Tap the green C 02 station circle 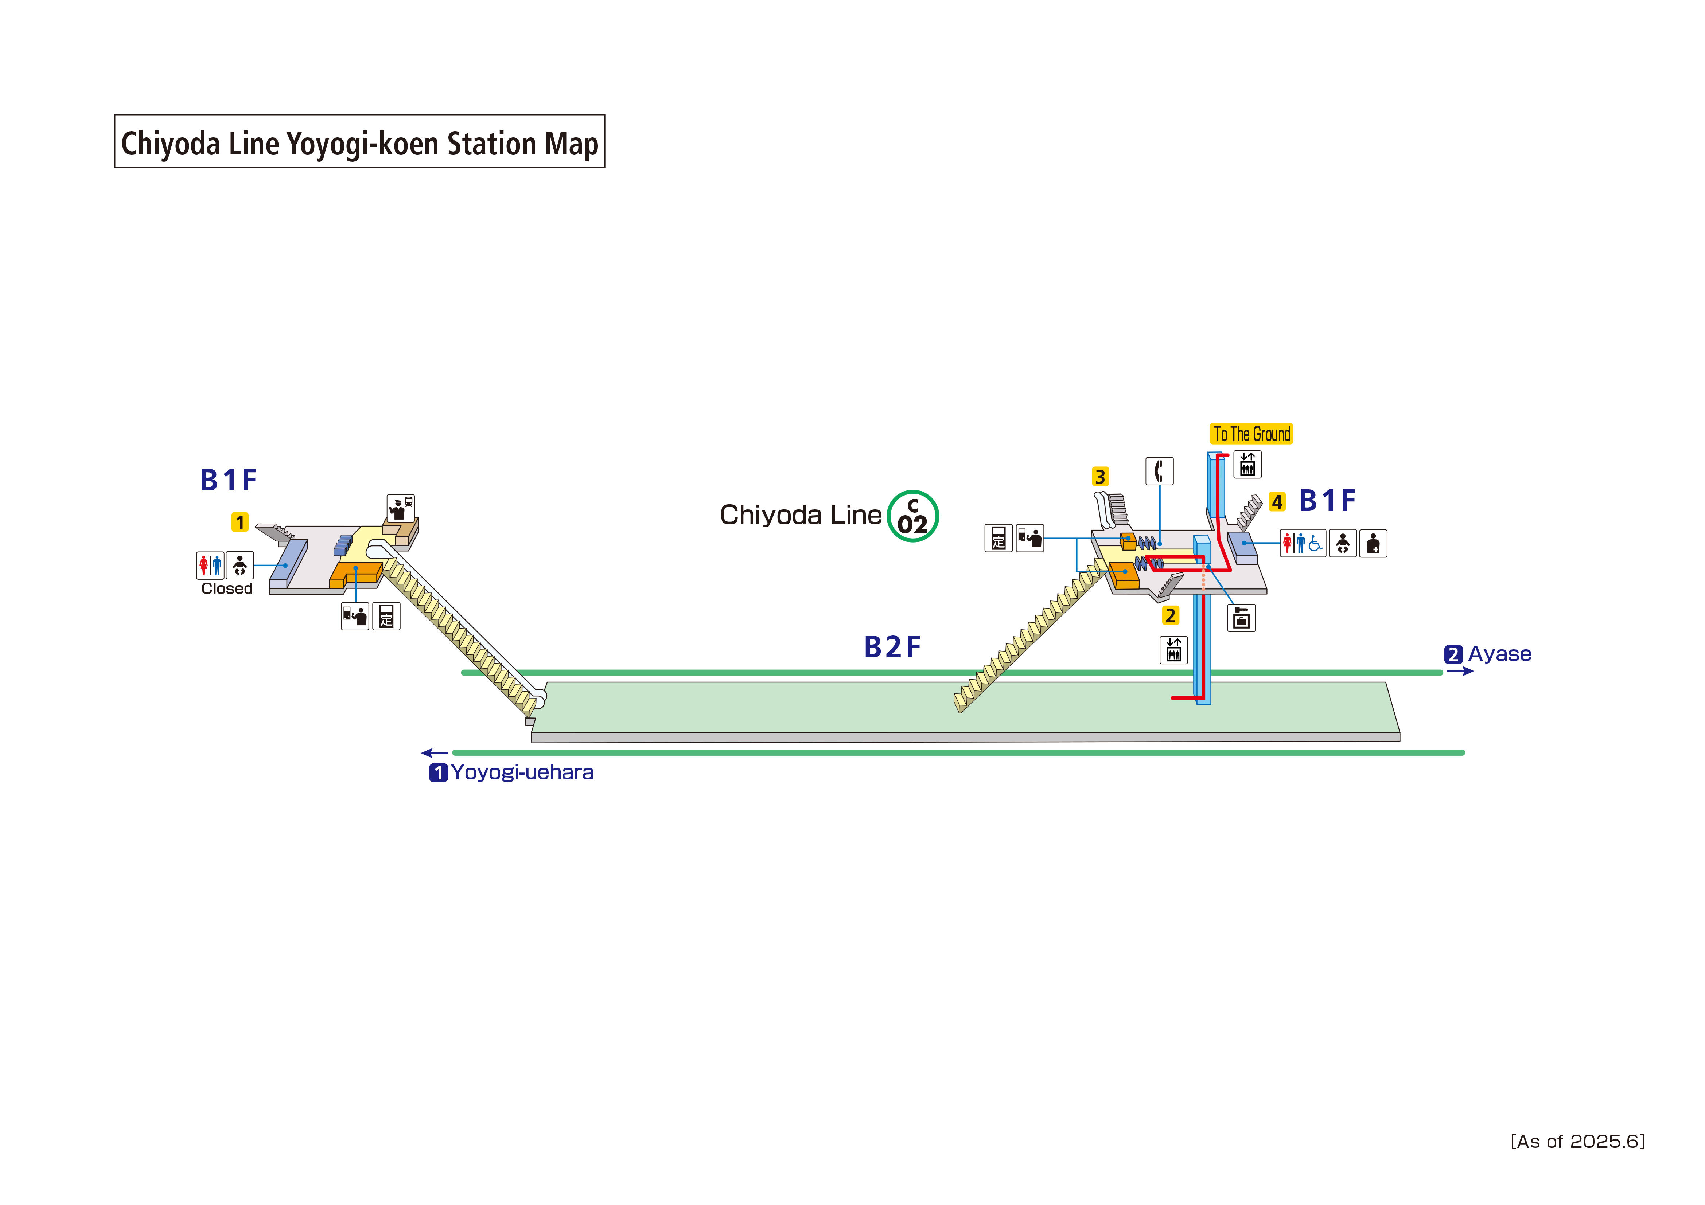point(912,516)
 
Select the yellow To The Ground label point(1251,434)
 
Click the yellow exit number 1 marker point(240,522)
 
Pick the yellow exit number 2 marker point(1170,615)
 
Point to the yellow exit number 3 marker point(1100,477)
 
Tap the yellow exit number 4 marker point(1277,502)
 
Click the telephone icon point(1159,471)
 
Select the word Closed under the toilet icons point(226,589)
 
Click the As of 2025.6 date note point(1577,1141)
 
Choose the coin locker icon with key point(1241,618)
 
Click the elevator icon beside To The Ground point(1247,464)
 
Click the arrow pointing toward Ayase point(1459,671)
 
